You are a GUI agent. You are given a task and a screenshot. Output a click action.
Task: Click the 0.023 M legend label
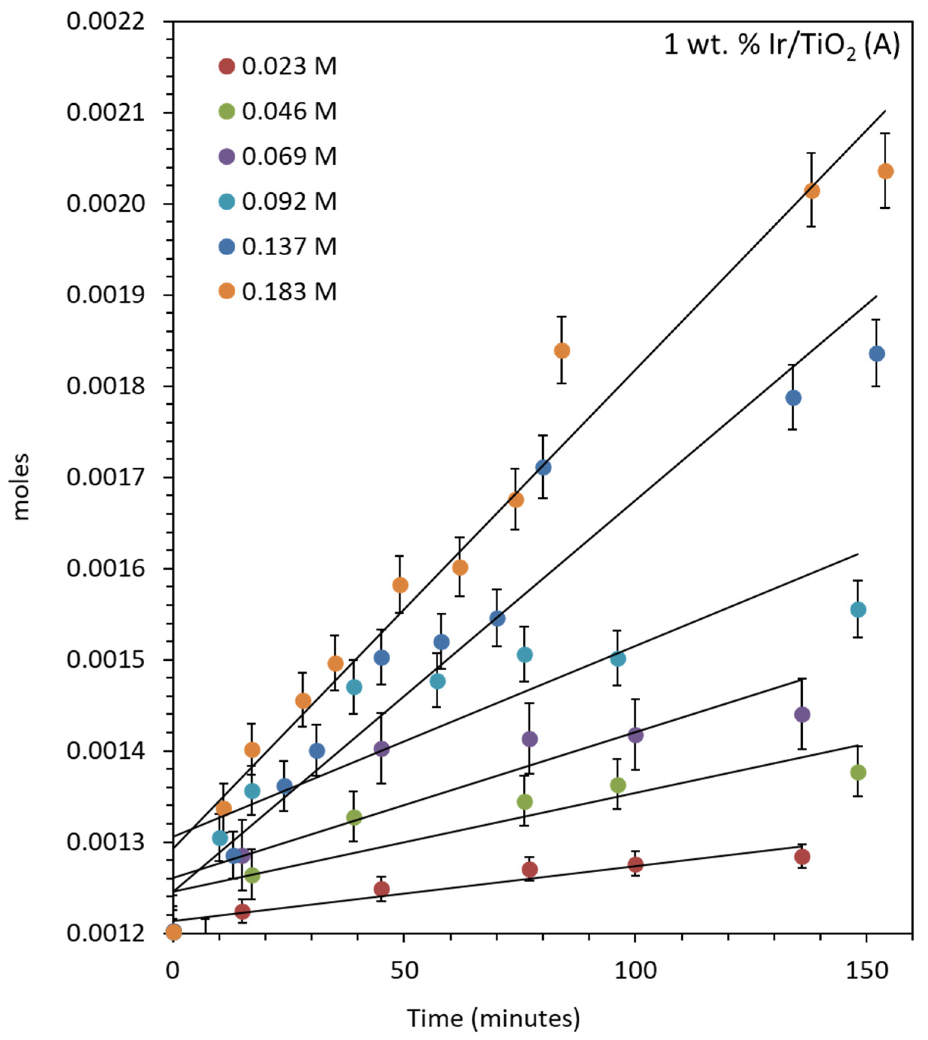[289, 66]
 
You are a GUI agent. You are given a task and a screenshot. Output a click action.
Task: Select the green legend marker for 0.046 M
[226, 111]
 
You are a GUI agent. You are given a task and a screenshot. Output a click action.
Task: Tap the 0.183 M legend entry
[289, 292]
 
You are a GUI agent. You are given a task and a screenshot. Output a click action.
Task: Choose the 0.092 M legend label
[289, 201]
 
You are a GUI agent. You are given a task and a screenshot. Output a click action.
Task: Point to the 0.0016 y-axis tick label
[106, 568]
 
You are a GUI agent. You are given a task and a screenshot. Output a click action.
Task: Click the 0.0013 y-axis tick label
[106, 842]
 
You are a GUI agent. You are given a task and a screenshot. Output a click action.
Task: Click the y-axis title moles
[21, 487]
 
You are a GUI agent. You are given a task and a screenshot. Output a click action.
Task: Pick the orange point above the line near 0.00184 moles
[561, 351]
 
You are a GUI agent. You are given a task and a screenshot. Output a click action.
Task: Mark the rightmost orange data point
[886, 171]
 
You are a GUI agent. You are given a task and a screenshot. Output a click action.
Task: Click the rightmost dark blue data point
[876, 353]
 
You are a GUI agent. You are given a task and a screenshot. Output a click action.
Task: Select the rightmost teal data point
[858, 609]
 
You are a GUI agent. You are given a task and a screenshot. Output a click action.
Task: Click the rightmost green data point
[858, 772]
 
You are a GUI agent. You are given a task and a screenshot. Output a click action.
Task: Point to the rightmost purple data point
[802, 714]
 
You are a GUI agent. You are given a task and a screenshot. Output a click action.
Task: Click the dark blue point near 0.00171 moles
[543, 467]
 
